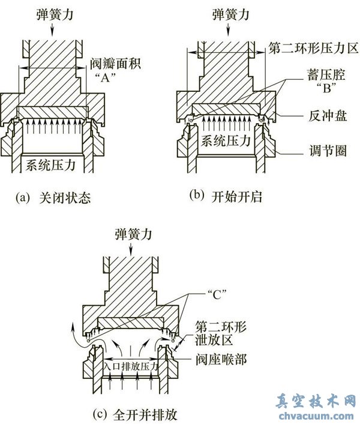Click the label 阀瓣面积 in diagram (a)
pos(116,64)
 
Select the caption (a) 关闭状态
pos(53,198)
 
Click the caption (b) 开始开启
pos(226,196)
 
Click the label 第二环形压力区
pos(313,48)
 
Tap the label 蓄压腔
pos(326,75)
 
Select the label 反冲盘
pos(328,117)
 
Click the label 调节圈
pos(328,151)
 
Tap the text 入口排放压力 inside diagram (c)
pos(130,366)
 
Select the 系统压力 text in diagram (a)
pos(50,165)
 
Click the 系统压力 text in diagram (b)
pos(226,141)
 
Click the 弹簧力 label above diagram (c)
pos(133,234)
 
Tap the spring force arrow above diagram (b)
pos(228,30)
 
